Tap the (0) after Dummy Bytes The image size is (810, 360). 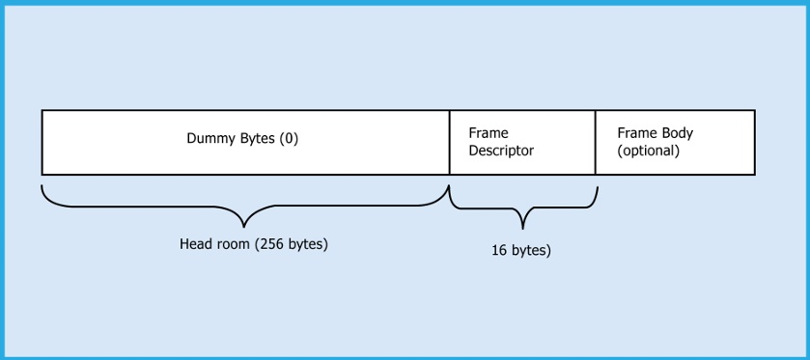[289, 138]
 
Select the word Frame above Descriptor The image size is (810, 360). [489, 132]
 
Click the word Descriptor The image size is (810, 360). [501, 151]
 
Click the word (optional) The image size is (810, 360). [649, 151]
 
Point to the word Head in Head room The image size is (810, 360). [196, 244]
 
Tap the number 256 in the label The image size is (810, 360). [271, 244]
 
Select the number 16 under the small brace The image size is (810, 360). [498, 250]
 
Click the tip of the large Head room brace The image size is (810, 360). [245, 225]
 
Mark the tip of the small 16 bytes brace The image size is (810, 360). [522, 228]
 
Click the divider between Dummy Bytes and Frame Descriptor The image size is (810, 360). [450, 142]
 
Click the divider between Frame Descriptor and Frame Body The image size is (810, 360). [595, 142]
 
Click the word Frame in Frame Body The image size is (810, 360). [637, 132]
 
